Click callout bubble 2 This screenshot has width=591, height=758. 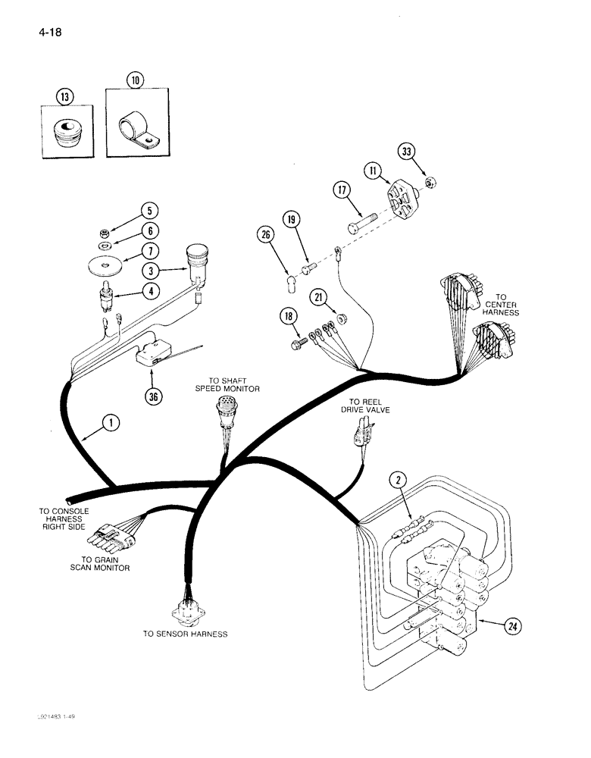[x=399, y=478]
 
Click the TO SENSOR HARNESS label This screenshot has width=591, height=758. [x=185, y=634]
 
